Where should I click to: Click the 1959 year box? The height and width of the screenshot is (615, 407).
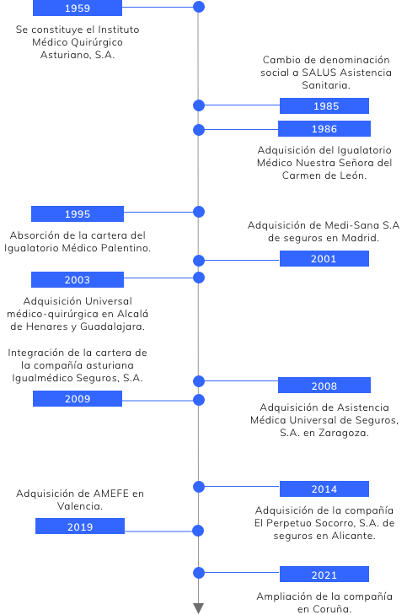pos(78,8)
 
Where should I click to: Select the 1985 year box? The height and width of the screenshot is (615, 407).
pos(324,106)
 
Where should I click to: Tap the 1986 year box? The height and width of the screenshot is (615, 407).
pos(324,128)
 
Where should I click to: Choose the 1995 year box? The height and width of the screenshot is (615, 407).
pos(78,213)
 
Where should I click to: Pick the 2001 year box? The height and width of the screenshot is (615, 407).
pos(324,259)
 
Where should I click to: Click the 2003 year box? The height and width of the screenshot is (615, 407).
pos(78,279)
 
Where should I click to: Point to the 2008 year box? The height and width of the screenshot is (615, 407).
pos(324,386)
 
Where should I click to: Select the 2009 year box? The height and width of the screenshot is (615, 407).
pos(78,398)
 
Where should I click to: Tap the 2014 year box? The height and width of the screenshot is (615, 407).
pos(324,488)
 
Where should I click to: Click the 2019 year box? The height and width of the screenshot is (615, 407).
pos(80,526)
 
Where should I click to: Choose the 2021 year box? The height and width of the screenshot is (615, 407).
pos(324,575)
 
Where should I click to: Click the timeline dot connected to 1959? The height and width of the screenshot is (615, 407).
pos(199,7)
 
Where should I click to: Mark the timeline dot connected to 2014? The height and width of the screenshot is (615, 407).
pos(199,487)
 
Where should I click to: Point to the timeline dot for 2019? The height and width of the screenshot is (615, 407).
pos(199,531)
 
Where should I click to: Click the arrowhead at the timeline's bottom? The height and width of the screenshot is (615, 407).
pos(199,608)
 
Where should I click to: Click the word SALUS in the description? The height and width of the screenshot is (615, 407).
pos(319,73)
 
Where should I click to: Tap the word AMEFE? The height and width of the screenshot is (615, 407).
pos(111,494)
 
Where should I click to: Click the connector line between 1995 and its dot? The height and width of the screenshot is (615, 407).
pos(158,213)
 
